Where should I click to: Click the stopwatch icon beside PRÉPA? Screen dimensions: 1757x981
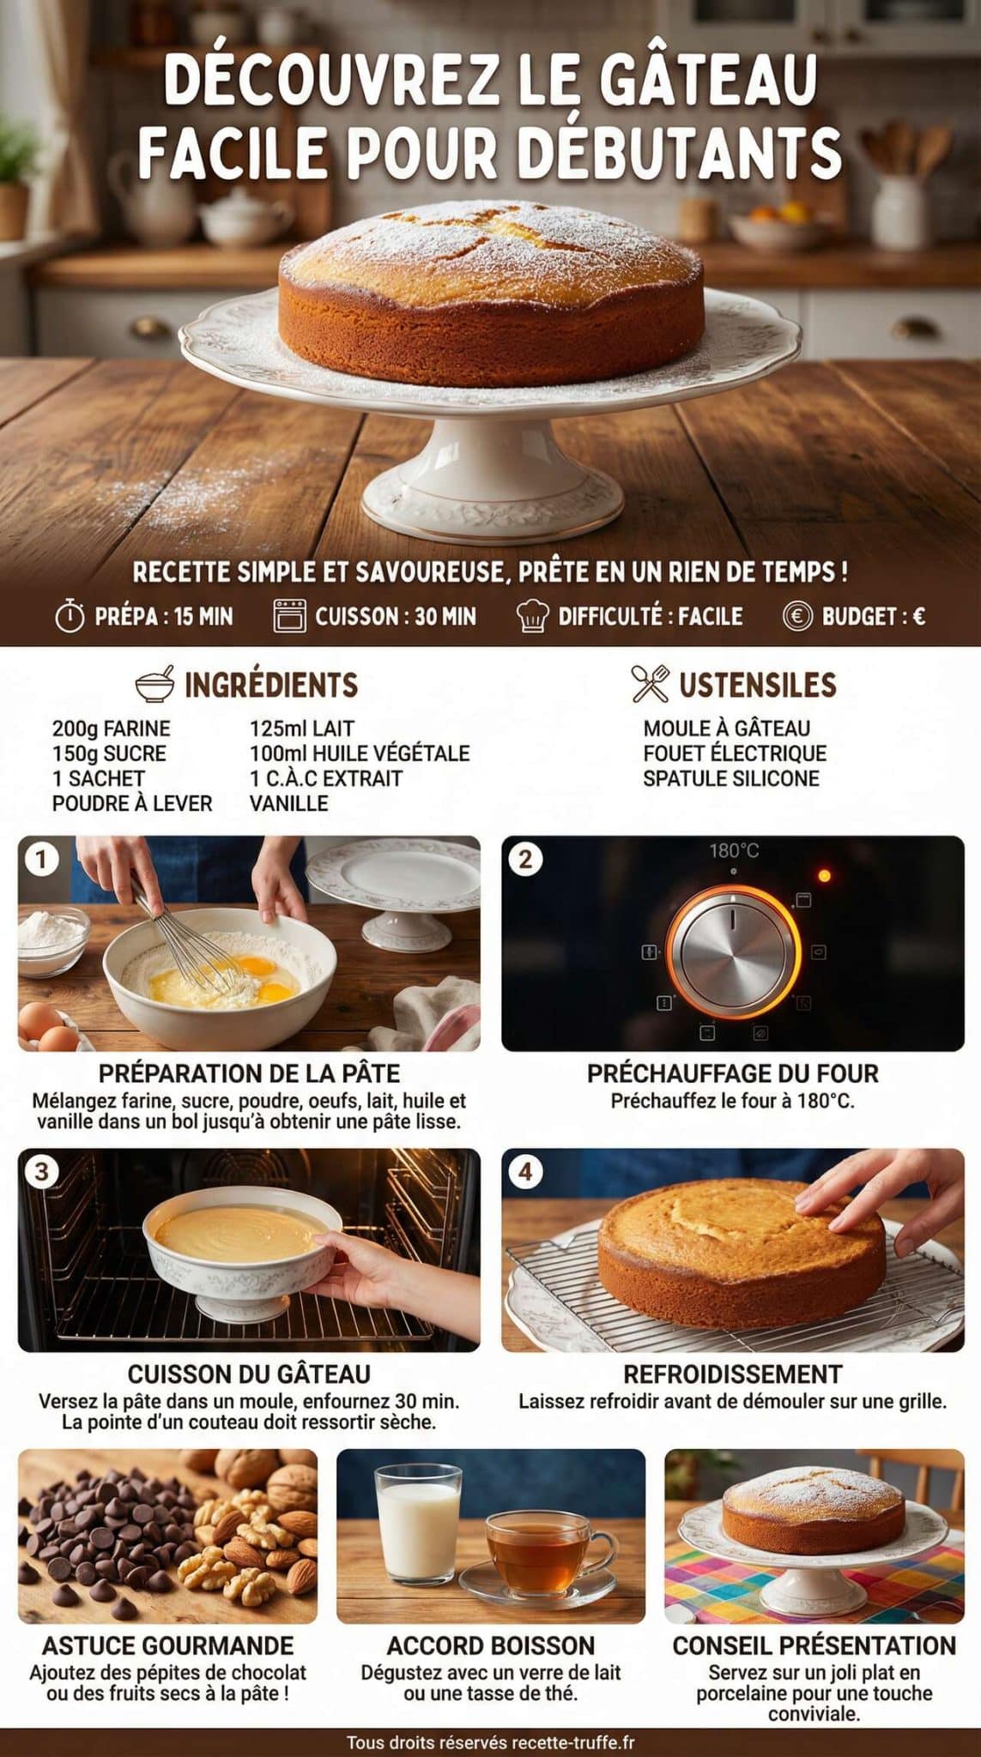click(x=70, y=616)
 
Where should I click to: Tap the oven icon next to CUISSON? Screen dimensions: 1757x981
click(x=289, y=616)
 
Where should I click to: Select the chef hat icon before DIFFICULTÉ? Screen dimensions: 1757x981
click(x=532, y=616)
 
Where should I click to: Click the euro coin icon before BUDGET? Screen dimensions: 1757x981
click(x=796, y=616)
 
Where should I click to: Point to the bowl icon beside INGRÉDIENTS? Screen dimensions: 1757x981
click(x=155, y=684)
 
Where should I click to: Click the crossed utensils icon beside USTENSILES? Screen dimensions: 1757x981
click(x=650, y=684)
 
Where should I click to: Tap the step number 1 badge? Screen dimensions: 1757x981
click(x=40, y=859)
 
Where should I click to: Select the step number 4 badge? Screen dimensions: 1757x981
click(x=525, y=1172)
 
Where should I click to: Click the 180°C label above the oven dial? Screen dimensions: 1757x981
click(x=734, y=851)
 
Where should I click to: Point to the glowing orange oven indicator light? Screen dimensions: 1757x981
click(x=824, y=876)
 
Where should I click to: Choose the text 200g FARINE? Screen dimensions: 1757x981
click(x=111, y=729)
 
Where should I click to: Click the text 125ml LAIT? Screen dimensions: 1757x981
click(x=301, y=729)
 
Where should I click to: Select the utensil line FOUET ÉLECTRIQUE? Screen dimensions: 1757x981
click(x=734, y=753)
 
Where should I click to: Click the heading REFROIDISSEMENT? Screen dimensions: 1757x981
click(x=732, y=1374)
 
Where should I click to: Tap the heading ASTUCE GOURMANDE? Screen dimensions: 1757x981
click(x=167, y=1645)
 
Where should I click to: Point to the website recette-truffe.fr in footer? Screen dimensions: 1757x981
click(x=572, y=1742)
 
